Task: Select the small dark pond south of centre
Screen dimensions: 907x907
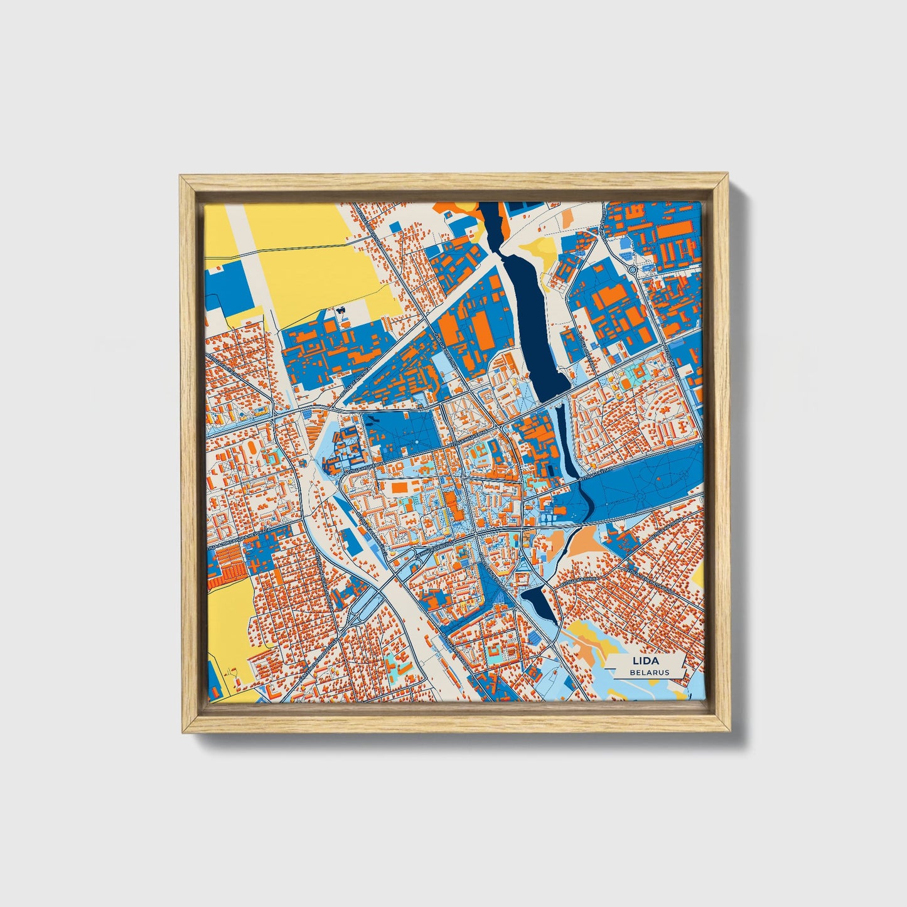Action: [x=539, y=602]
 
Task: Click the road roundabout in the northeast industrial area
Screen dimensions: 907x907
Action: [x=633, y=270]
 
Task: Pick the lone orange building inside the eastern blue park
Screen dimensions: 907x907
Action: [x=660, y=478]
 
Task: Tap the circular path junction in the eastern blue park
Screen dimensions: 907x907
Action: [x=640, y=496]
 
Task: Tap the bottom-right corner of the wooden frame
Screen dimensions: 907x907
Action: [x=729, y=731]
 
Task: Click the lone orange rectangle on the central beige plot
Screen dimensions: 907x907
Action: [x=399, y=488]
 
